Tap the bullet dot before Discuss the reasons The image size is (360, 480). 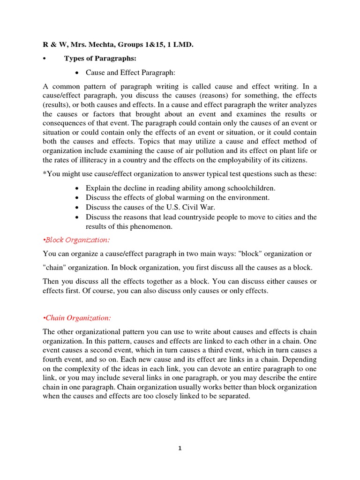click(77, 217)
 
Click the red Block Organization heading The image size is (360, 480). click(76, 240)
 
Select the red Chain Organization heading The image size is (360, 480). click(77, 318)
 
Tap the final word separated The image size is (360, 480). click(234, 396)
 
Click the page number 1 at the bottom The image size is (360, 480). click(180, 448)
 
